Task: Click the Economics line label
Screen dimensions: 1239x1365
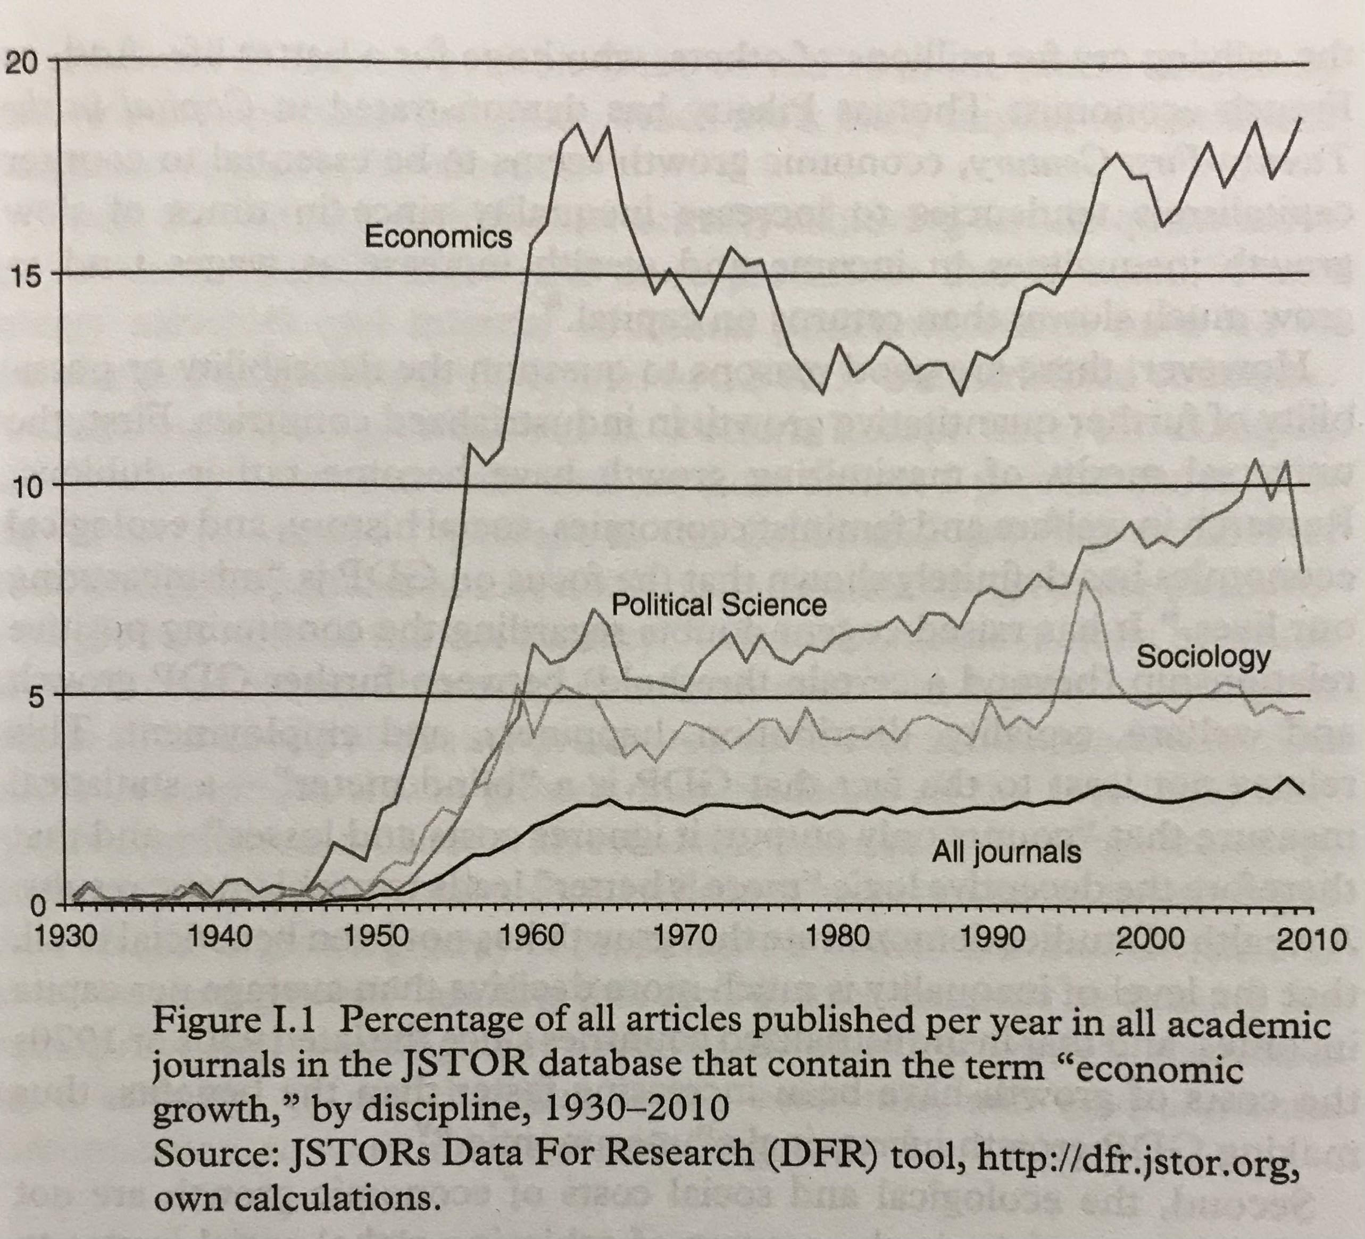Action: (x=438, y=237)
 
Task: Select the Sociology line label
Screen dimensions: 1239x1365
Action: (x=1203, y=656)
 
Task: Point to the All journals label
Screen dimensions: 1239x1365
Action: (x=1006, y=852)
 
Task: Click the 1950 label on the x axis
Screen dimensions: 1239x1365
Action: (x=374, y=938)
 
